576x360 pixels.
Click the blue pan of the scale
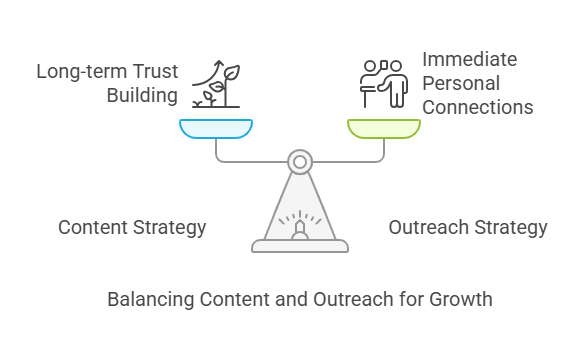pyautogui.click(x=216, y=128)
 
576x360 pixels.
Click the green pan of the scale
pyautogui.click(x=384, y=128)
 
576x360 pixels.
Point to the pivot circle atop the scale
pyautogui.click(x=300, y=160)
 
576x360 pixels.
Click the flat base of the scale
pyautogui.click(x=300, y=245)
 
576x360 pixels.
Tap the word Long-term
pyautogui.click(x=78, y=73)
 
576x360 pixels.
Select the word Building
pyautogui.click(x=143, y=97)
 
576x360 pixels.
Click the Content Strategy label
pyautogui.click(x=132, y=227)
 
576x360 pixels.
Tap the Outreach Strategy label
pyautogui.click(x=468, y=227)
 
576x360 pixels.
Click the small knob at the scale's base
pyautogui.click(x=300, y=230)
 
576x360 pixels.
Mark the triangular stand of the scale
pyautogui.click(x=300, y=205)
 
